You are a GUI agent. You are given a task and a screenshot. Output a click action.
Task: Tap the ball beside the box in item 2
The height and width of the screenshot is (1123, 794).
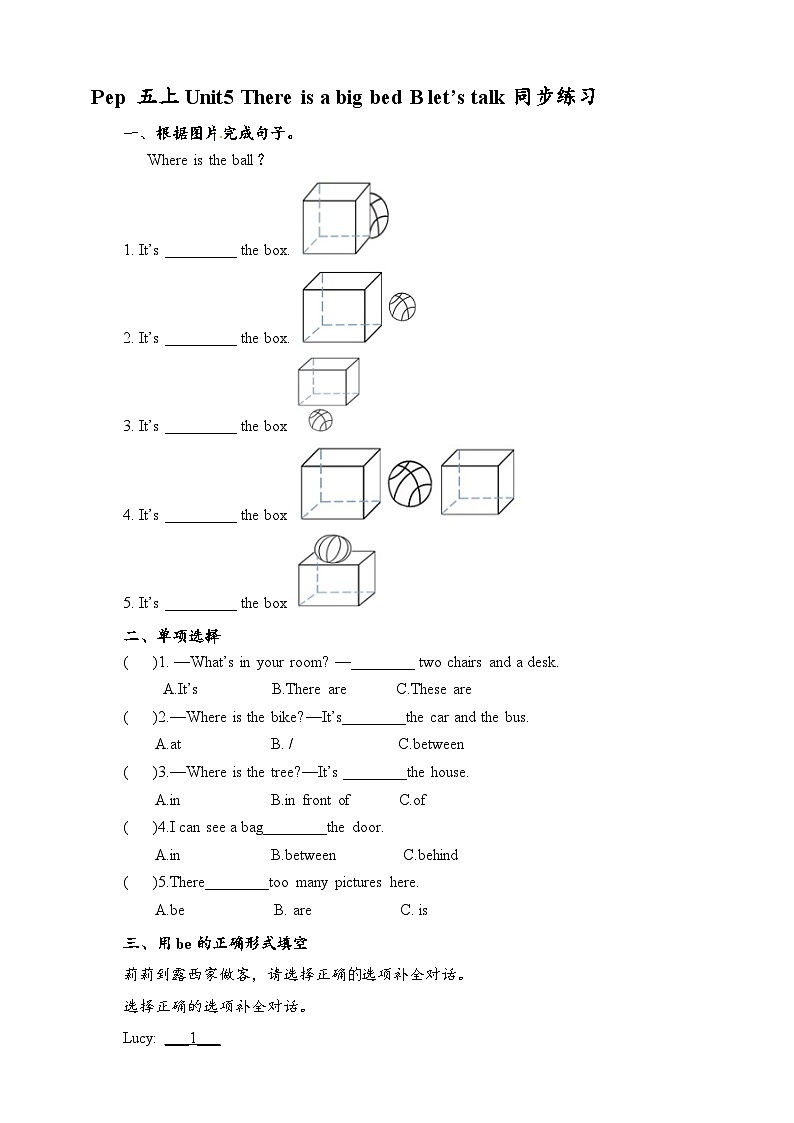402,306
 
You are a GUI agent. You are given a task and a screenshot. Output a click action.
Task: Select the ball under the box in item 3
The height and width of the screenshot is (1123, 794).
321,419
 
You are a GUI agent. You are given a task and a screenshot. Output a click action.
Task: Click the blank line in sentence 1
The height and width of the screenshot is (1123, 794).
200,252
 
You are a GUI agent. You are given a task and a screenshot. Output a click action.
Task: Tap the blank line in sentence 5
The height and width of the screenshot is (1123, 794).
200,604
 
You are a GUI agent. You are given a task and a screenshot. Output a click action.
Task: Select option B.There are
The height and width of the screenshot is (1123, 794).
309,689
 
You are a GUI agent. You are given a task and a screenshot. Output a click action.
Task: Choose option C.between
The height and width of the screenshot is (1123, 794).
431,744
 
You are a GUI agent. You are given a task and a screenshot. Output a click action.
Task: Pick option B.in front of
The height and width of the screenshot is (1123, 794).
310,800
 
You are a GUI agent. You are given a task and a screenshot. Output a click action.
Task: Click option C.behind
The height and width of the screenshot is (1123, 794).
430,855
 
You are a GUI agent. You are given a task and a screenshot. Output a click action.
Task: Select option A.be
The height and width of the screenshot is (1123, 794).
170,910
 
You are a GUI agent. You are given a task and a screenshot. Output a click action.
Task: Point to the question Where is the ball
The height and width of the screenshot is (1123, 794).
206,160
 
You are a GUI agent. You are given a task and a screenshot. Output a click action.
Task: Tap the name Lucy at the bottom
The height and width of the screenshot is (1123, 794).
138,1038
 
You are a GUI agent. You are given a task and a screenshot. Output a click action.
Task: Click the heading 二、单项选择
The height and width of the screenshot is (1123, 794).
172,635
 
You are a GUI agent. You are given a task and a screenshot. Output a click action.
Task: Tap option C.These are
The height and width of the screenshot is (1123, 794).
434,689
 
